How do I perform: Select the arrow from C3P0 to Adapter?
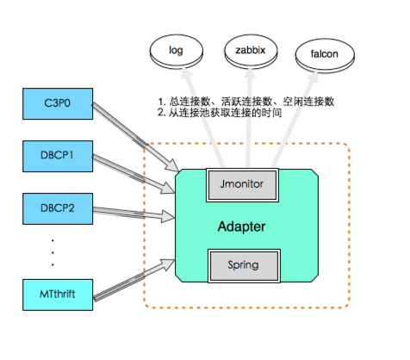tap(134, 135)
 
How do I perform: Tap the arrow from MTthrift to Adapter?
tap(134, 273)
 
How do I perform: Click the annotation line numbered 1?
tap(245, 101)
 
